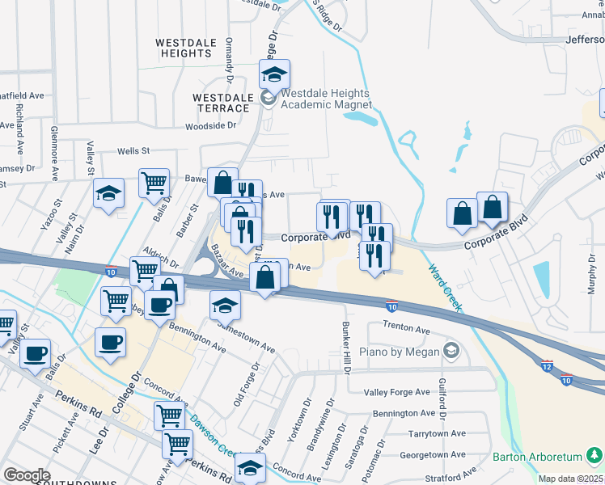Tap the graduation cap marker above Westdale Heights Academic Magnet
[x=275, y=76]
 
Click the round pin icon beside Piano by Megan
[x=451, y=351]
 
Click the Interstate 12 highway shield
[x=548, y=366]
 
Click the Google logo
[x=27, y=475]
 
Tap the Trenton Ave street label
[x=407, y=330]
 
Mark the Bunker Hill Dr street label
[x=346, y=347]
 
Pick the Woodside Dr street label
[x=210, y=126]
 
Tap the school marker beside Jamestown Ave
[x=225, y=306]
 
